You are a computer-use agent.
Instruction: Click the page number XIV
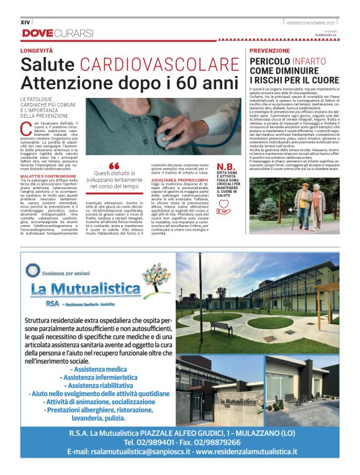tap(25, 22)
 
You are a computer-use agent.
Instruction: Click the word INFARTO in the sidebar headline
tap(309, 62)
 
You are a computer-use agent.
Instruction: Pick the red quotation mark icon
tap(114, 166)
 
